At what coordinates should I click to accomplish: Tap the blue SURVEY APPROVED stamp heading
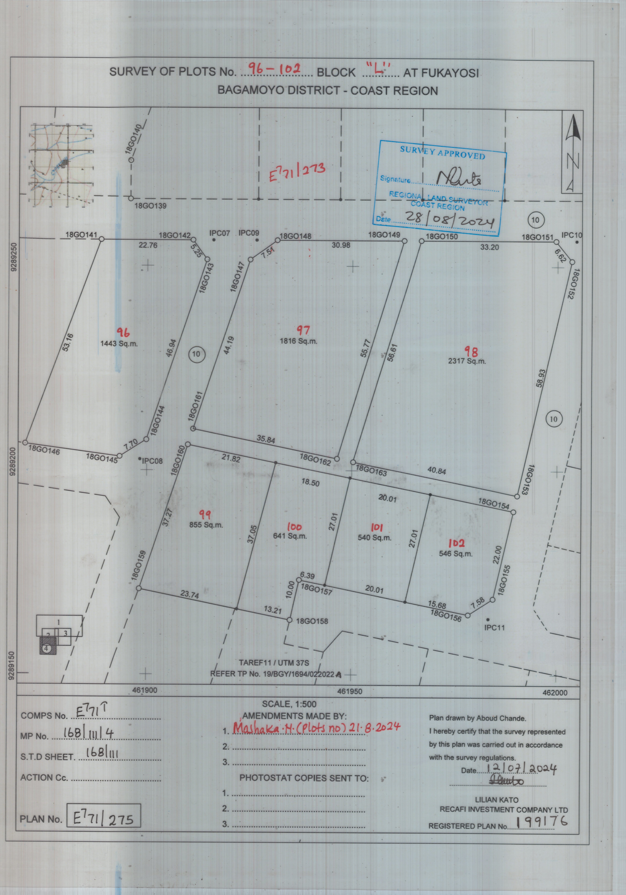442,152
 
